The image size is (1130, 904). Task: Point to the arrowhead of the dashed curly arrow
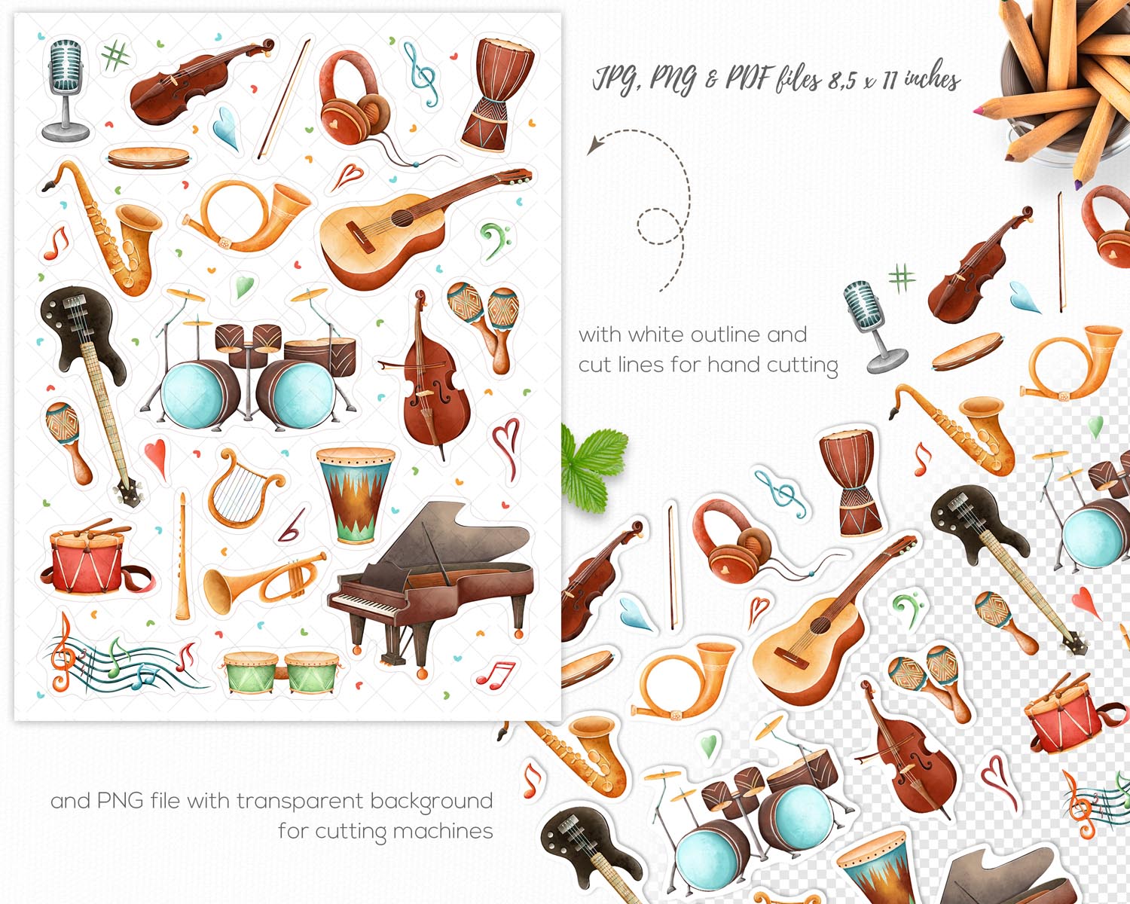tap(594, 145)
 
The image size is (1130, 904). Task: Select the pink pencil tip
tap(977, 111)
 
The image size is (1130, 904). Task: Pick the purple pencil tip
tap(1079, 185)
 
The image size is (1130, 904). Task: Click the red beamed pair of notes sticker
tap(496, 675)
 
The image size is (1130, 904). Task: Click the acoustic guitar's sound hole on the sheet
tap(402, 218)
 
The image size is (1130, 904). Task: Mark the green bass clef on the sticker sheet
tap(493, 240)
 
